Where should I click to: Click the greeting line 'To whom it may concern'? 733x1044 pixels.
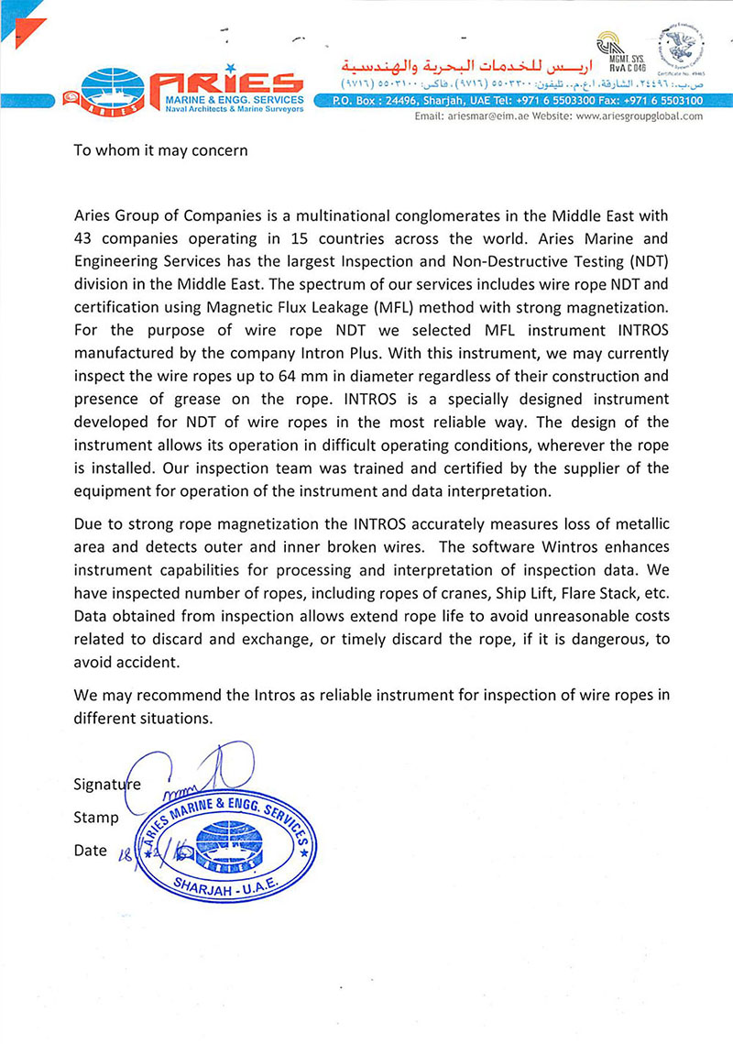160,149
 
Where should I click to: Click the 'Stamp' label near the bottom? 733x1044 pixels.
95,817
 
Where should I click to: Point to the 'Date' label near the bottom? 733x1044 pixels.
90,850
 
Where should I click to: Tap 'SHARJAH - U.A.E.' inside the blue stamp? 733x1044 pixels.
224,885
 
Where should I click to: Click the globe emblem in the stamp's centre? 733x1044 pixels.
225,841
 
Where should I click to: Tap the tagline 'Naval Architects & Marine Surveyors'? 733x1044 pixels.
227,108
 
